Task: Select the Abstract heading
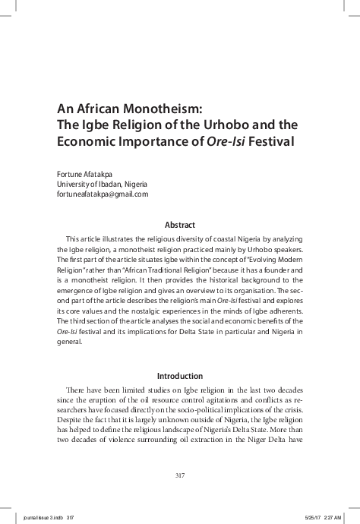pos(180,225)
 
